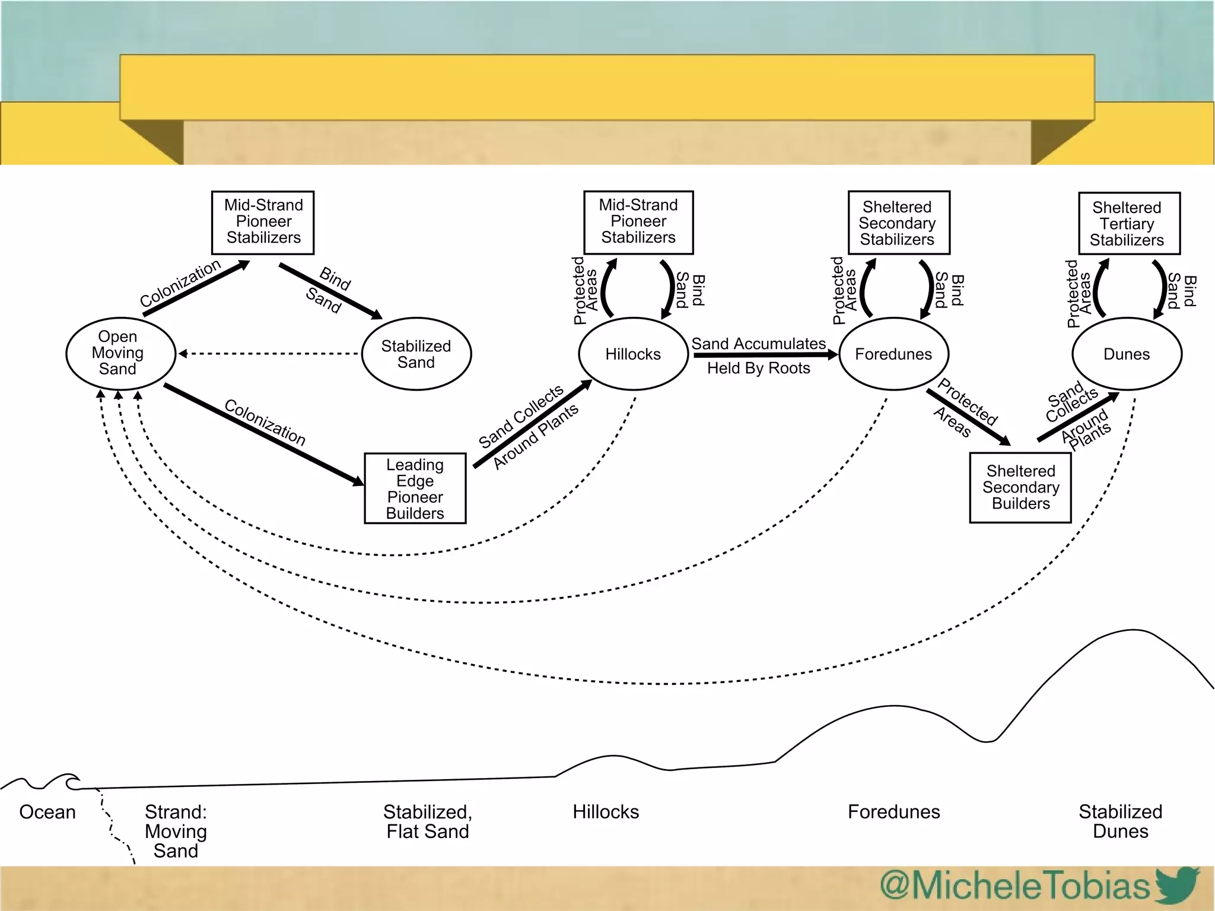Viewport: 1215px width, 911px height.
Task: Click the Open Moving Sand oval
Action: (x=120, y=353)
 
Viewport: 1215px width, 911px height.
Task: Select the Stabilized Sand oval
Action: (x=416, y=354)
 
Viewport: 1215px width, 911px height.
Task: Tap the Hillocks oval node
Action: (x=633, y=354)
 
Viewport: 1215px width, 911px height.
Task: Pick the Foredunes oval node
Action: (x=893, y=354)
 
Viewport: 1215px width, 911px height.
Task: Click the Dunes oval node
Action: (x=1127, y=354)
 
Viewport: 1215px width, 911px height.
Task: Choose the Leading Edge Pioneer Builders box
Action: (x=415, y=488)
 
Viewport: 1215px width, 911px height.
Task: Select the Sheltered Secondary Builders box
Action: (x=1020, y=487)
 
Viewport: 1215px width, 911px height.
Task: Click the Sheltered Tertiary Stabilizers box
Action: (x=1129, y=223)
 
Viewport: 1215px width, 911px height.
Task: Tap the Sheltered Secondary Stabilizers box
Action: (x=898, y=223)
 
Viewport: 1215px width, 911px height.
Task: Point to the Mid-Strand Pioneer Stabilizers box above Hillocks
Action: (x=638, y=222)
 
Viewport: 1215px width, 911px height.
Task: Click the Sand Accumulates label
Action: (x=758, y=344)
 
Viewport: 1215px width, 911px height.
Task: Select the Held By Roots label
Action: (x=758, y=368)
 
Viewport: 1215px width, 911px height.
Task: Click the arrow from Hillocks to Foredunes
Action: (x=765, y=355)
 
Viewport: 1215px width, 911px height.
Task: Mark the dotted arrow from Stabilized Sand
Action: (x=270, y=354)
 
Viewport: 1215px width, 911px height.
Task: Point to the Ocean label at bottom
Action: (x=47, y=811)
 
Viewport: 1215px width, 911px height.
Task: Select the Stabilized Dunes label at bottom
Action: (x=1120, y=821)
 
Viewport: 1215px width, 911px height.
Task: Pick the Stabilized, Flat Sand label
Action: (x=427, y=821)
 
